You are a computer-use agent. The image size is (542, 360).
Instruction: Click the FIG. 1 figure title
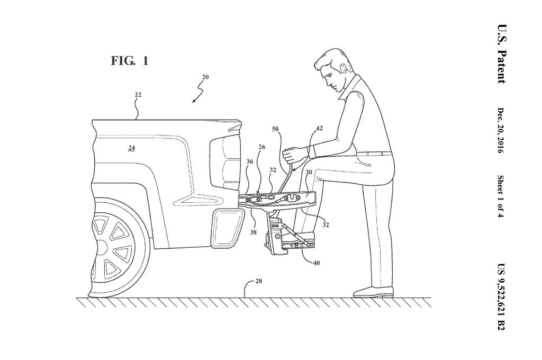(130, 61)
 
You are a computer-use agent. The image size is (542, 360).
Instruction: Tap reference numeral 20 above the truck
(205, 77)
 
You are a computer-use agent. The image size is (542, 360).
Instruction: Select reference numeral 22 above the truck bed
(138, 94)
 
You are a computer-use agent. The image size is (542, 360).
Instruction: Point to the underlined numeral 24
(131, 148)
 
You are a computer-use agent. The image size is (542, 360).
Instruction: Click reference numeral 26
(261, 147)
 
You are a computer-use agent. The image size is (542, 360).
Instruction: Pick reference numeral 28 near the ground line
(258, 281)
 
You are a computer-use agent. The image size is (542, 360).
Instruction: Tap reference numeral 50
(275, 129)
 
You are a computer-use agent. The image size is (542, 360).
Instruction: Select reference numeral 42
(319, 128)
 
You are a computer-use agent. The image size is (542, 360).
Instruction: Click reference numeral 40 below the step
(316, 263)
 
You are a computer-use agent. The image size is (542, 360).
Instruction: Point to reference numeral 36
(250, 161)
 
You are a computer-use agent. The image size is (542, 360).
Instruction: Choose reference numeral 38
(254, 232)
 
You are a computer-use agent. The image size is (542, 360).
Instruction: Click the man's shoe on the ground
(373, 292)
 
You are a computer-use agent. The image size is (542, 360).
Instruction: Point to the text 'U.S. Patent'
(502, 54)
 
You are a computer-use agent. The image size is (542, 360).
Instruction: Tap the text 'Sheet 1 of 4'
(501, 196)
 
